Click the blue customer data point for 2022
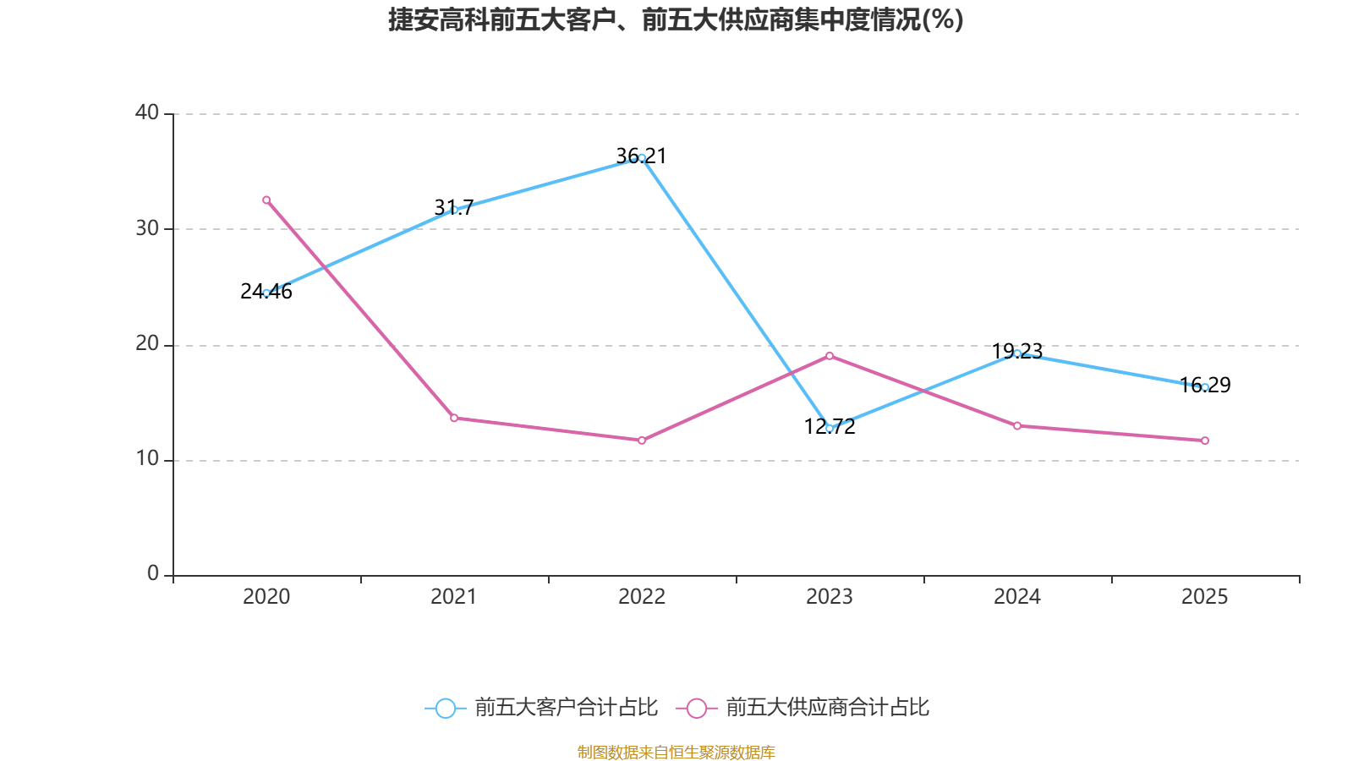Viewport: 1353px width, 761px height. click(642, 158)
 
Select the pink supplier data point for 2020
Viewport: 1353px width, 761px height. click(266, 200)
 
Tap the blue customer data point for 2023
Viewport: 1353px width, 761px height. click(830, 429)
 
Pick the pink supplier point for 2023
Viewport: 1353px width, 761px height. click(830, 356)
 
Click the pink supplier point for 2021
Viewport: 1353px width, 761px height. click(454, 418)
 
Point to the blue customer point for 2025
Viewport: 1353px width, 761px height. click(1205, 387)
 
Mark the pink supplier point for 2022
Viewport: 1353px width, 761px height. click(642, 441)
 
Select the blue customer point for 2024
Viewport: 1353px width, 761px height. click(1017, 353)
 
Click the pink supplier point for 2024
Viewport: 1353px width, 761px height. click(1017, 426)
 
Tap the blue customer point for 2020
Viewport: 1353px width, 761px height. click(266, 293)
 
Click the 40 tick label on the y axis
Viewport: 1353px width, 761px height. click(147, 112)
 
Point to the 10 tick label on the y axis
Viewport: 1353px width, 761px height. click(147, 459)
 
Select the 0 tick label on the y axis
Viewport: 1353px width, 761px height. click(153, 574)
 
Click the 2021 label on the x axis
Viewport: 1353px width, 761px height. click(454, 597)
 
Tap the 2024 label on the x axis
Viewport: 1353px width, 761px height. click(1017, 597)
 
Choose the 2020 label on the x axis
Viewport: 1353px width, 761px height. click(266, 597)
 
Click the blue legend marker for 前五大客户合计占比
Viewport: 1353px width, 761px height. click(445, 709)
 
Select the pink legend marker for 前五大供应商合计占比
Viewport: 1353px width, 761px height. click(697, 709)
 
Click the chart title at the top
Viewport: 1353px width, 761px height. click(676, 19)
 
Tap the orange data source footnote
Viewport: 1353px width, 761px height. click(676, 752)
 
